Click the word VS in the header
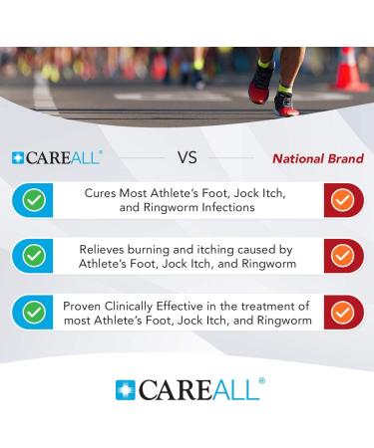coord(187,157)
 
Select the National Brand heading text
coord(318,158)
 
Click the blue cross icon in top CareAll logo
coord(18,158)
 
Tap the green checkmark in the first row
coord(34,200)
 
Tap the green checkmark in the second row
coord(34,256)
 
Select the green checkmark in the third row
coord(34,312)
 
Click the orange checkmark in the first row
coord(342,200)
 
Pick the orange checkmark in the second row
coord(342,256)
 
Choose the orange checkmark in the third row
coord(342,312)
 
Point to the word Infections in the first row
coord(228,209)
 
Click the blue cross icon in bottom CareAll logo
coord(125,389)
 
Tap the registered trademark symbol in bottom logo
coord(261,380)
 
